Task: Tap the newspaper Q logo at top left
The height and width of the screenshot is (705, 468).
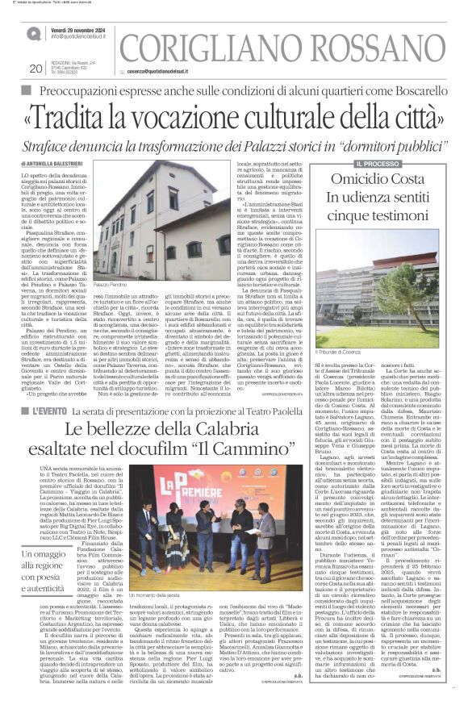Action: click(x=32, y=33)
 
